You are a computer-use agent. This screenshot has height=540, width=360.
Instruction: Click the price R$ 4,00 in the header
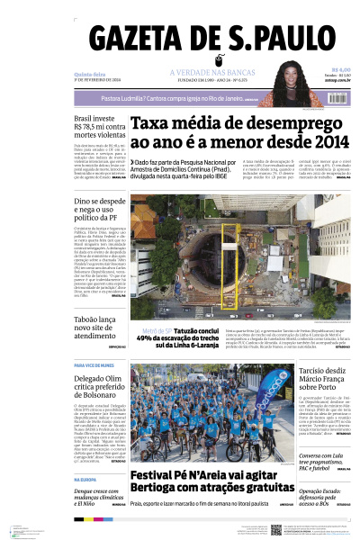[x=340, y=69]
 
